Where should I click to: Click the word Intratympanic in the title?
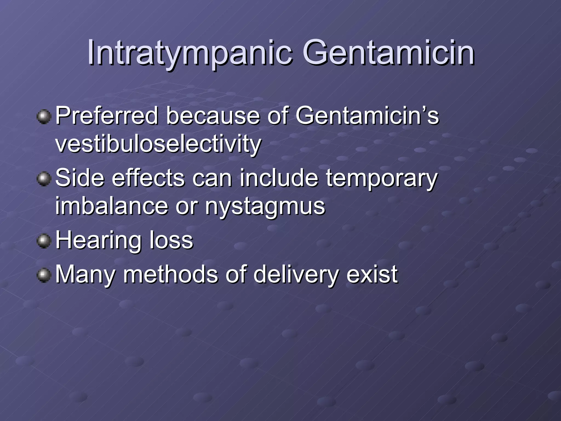coord(189,53)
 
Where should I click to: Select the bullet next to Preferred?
coord(44,117)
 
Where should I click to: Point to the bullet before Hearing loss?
coord(44,241)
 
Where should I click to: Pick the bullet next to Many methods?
coord(44,275)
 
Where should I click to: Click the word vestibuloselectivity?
coord(158,144)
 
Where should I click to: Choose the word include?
coord(279,178)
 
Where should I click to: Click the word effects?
coord(148,178)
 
